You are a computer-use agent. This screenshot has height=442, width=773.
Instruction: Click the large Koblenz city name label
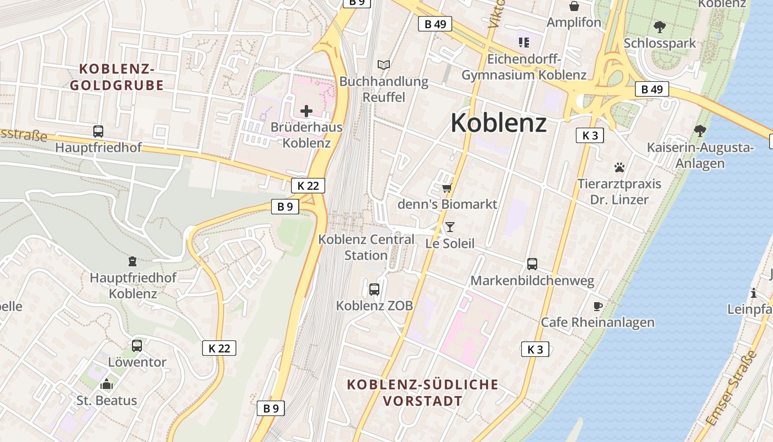coord(499,123)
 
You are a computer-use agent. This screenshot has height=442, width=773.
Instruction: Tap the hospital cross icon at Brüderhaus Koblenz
coord(306,111)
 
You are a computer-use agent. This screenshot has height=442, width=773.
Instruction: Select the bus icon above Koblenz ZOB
coord(374,289)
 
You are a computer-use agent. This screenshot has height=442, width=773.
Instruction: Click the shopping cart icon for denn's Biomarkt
coord(447,188)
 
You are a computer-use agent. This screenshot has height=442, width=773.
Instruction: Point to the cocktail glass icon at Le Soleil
coord(450,227)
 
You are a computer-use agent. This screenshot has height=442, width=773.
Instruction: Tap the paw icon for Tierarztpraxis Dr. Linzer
coord(620,167)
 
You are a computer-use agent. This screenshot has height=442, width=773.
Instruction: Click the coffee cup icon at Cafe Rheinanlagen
coord(597,306)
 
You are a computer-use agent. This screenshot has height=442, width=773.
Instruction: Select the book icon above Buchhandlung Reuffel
coord(384,65)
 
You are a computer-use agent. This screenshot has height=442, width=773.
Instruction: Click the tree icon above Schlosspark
coord(659,27)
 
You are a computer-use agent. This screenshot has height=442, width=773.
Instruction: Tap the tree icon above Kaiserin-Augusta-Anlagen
coord(700,131)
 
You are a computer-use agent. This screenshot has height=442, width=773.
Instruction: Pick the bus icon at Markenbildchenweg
coord(532,264)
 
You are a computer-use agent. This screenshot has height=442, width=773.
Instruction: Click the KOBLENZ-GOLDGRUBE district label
coord(117,77)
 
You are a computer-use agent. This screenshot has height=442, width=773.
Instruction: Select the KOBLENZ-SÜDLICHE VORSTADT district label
coord(423,393)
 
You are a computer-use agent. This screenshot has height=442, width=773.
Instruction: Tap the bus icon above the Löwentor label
coord(137,346)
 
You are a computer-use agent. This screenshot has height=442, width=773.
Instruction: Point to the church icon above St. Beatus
coord(107,383)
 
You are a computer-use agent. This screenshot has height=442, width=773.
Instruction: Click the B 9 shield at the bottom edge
coord(271,408)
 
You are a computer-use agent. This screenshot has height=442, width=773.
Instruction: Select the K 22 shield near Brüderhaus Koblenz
coord(308,186)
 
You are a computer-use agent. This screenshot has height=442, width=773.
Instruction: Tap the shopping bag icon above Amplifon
coord(574,6)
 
